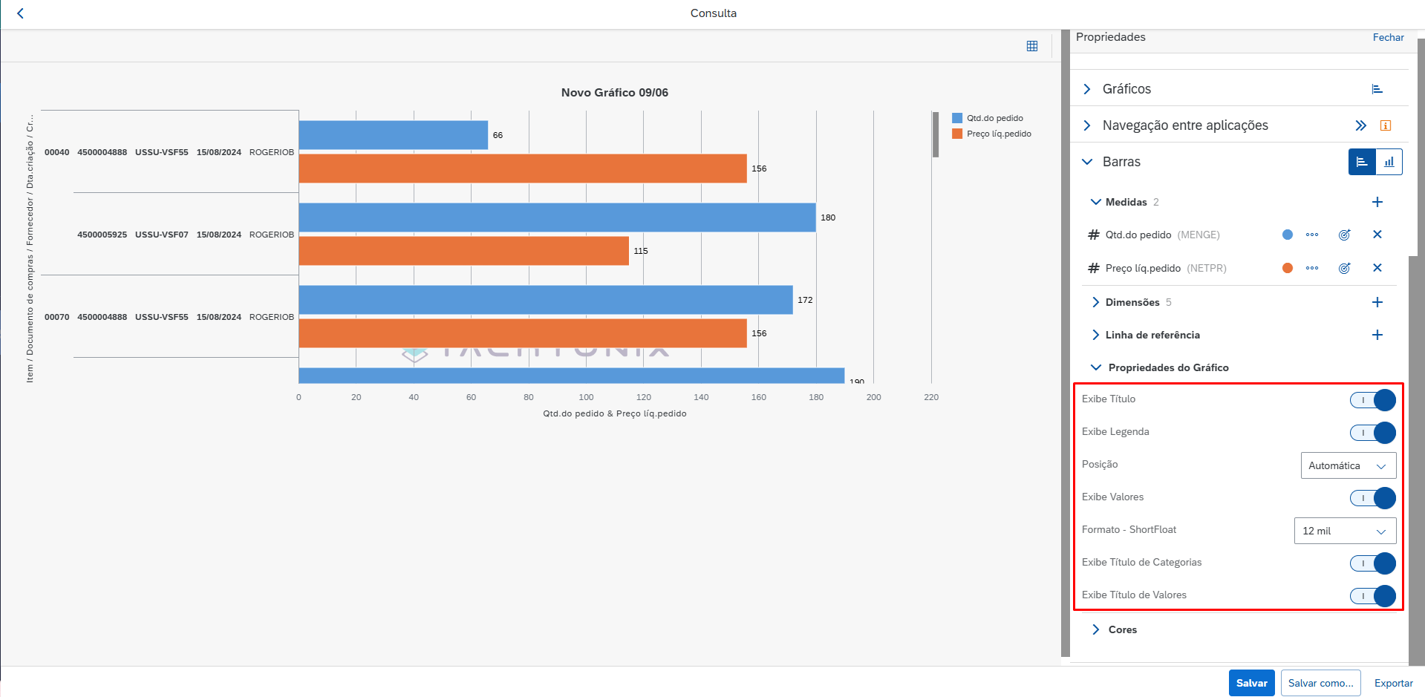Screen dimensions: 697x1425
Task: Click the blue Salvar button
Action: click(x=1251, y=683)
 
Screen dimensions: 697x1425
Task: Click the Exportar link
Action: click(x=1393, y=683)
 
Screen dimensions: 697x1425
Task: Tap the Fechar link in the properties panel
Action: click(x=1388, y=37)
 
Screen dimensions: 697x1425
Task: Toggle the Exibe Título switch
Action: click(x=1372, y=400)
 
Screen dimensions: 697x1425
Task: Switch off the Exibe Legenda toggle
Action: click(x=1372, y=433)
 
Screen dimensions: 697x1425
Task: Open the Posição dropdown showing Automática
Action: click(x=1348, y=465)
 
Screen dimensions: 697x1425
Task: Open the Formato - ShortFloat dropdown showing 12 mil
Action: click(x=1345, y=531)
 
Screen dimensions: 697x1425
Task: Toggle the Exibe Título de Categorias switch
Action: click(x=1372, y=563)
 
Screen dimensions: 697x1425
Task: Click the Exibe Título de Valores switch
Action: click(x=1372, y=596)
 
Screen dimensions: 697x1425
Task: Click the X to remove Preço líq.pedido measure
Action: click(x=1377, y=268)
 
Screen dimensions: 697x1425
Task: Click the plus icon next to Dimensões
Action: click(x=1377, y=302)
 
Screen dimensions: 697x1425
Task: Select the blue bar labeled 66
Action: click(x=393, y=135)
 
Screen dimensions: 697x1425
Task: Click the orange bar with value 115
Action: click(x=463, y=251)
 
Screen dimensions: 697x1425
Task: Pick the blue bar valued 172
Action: click(x=545, y=300)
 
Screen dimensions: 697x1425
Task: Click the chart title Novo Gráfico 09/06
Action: click(x=614, y=93)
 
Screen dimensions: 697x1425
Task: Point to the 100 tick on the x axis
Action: click(x=586, y=397)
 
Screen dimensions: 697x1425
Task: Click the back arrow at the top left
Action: click(x=20, y=13)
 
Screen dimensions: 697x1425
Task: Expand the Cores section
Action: click(x=1122, y=629)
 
